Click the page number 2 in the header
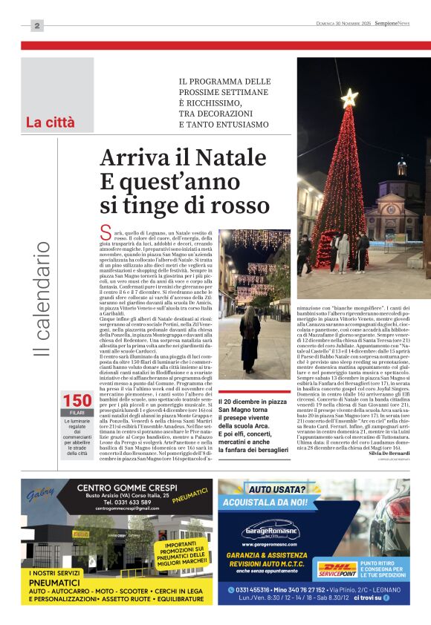click(x=37, y=26)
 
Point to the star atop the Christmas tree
click(x=349, y=97)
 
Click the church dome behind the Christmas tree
click(x=401, y=166)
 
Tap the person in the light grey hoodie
click(x=343, y=251)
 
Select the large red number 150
click(x=77, y=402)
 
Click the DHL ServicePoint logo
click(x=337, y=570)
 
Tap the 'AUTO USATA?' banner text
click(x=279, y=490)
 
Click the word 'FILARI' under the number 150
click(x=77, y=413)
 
